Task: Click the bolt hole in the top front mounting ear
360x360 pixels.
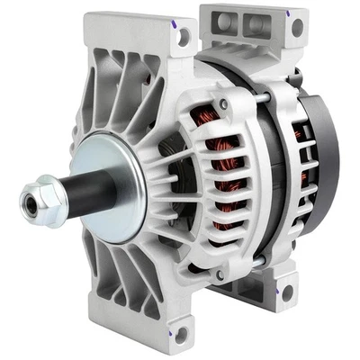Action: click(184, 37)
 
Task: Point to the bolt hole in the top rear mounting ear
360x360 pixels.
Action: click(297, 28)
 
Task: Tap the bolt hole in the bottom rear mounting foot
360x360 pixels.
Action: click(286, 293)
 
